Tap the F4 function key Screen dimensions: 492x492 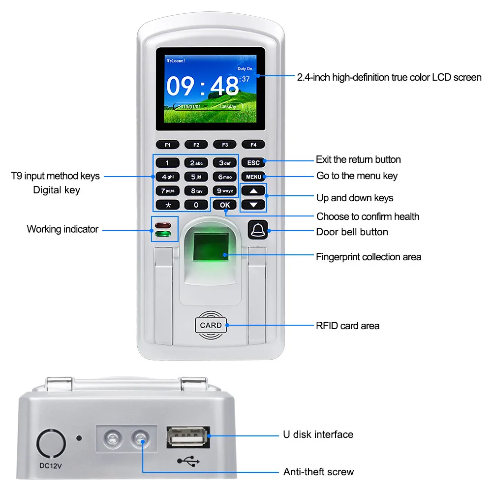coord(253,145)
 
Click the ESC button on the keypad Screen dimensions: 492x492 coord(253,163)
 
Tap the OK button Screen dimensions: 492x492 coord(225,205)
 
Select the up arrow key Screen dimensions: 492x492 coord(253,191)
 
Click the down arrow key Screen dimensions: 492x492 coord(253,204)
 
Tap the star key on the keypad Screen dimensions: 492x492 coord(167,205)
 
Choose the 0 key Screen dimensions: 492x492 coord(196,205)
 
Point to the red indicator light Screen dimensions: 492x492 coord(164,226)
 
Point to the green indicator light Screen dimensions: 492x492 coord(164,235)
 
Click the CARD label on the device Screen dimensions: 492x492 coord(211,325)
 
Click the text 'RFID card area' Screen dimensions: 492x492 coord(347,326)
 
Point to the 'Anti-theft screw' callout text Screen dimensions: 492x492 coord(318,472)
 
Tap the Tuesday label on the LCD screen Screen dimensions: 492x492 coord(227,106)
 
